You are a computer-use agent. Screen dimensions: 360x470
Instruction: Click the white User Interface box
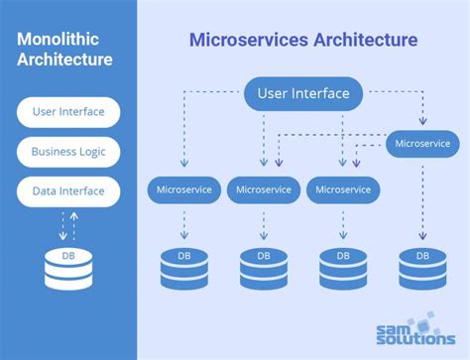coord(68,112)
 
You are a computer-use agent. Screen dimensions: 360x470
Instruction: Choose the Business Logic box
coord(68,152)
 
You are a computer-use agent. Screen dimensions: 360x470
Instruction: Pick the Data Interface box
coord(68,191)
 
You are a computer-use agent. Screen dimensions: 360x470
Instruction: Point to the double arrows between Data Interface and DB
coord(68,224)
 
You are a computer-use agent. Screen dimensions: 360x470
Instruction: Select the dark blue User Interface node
coord(302,94)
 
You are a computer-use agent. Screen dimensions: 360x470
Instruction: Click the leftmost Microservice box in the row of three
coord(184,188)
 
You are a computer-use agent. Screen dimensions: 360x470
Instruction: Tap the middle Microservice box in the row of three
coord(264,188)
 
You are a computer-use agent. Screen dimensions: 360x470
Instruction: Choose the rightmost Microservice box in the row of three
coord(343,188)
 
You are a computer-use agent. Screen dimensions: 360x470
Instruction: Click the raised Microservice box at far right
coord(422,144)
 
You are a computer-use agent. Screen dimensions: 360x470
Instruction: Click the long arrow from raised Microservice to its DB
coord(422,198)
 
